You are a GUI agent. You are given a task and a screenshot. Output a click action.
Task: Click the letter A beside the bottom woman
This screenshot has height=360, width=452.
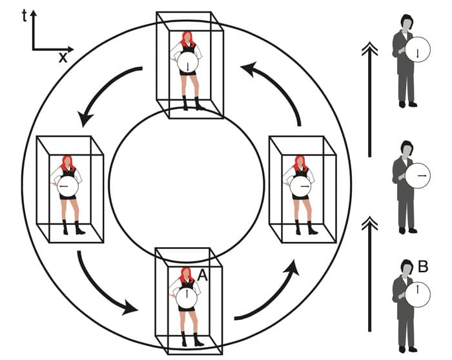pos(202,275)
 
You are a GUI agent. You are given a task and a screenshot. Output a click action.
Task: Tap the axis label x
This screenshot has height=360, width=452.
pos(63,57)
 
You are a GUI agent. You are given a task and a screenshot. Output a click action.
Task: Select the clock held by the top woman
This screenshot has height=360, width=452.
pos(187,65)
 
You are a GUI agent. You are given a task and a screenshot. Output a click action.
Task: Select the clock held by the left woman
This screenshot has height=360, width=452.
pos(66,187)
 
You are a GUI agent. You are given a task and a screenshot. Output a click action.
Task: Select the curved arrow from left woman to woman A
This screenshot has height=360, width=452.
pos(103,284)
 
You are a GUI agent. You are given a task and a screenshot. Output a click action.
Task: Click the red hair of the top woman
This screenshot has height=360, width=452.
pos(187,37)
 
